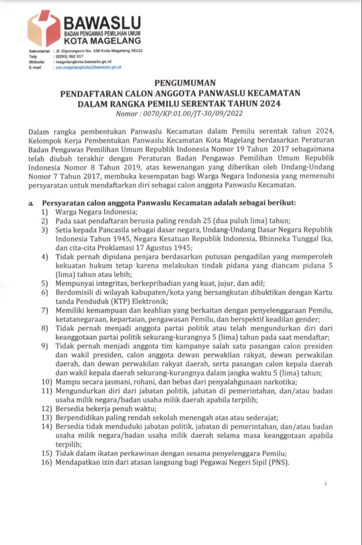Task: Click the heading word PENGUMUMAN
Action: (x=180, y=83)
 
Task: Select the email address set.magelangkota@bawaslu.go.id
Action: (x=88, y=67)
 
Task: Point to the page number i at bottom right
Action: (x=325, y=484)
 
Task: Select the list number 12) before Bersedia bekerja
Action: (x=47, y=409)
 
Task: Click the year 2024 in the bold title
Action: (x=268, y=104)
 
